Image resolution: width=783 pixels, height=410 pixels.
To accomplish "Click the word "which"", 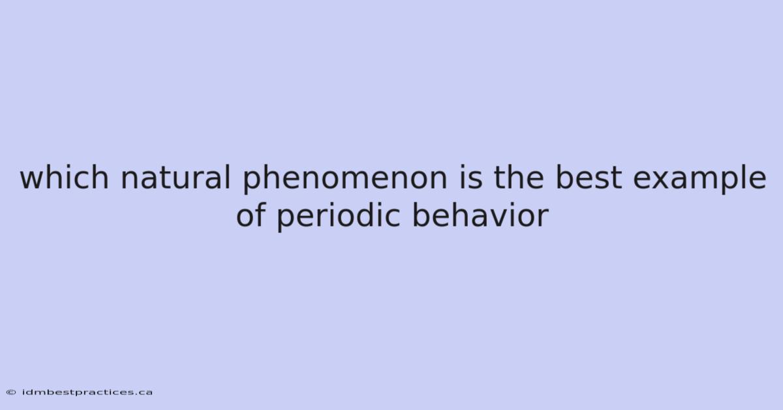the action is pyautogui.click(x=65, y=177).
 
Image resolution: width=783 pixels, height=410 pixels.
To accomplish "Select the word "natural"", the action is pyautogui.click(x=176, y=177).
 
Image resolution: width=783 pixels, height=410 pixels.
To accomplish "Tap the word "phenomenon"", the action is pyautogui.click(x=345, y=178).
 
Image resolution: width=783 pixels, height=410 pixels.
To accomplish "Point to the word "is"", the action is pyautogui.click(x=470, y=177).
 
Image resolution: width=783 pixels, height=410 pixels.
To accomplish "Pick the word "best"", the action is pyautogui.click(x=589, y=177).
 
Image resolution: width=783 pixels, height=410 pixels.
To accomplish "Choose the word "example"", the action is pyautogui.click(x=699, y=178).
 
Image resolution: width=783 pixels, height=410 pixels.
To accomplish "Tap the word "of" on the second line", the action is pyautogui.click(x=251, y=215).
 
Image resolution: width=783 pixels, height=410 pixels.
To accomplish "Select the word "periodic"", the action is pyautogui.click(x=339, y=217).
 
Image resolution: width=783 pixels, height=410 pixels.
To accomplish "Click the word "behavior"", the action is pyautogui.click(x=480, y=215).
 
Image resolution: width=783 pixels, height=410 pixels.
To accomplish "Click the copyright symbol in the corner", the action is pyautogui.click(x=11, y=392).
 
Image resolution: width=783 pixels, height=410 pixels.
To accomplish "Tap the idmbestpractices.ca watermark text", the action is pyautogui.click(x=87, y=392).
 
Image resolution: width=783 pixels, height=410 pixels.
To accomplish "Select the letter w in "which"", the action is pyautogui.click(x=33, y=180).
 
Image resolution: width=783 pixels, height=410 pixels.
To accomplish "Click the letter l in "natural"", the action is pyautogui.click(x=228, y=177).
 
